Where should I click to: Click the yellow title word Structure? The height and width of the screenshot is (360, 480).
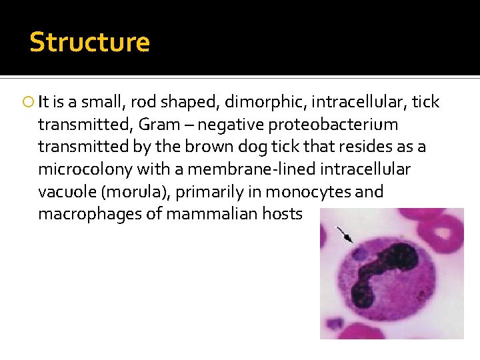tap(89, 42)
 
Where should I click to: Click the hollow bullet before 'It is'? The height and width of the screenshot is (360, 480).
tap(29, 103)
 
